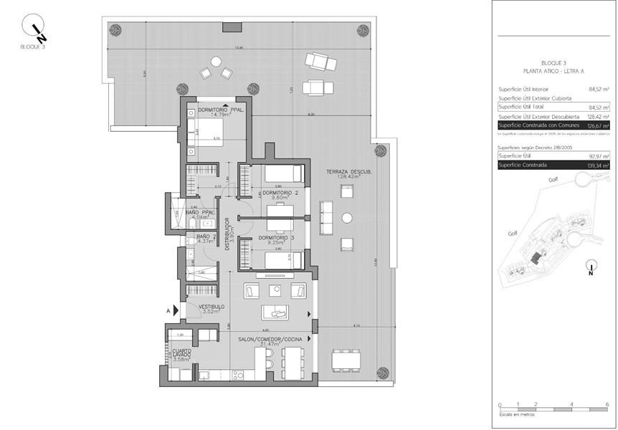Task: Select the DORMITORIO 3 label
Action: [276, 237]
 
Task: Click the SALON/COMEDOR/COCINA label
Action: [270, 338]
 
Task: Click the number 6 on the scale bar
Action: [607, 405]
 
